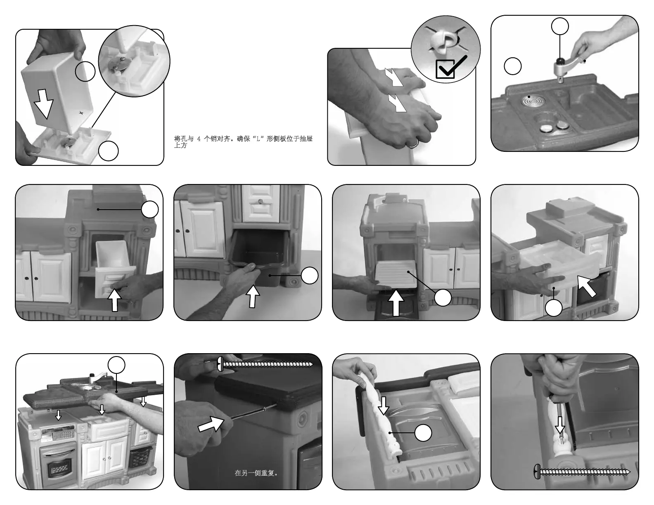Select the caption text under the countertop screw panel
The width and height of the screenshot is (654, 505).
click(x=256, y=473)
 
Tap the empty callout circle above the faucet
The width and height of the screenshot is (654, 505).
click(x=560, y=26)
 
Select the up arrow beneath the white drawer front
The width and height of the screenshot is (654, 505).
click(x=114, y=300)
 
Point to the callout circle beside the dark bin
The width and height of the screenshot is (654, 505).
click(x=310, y=276)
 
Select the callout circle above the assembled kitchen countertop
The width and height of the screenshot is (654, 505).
click(x=116, y=365)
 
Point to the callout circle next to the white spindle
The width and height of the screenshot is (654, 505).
click(x=423, y=433)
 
